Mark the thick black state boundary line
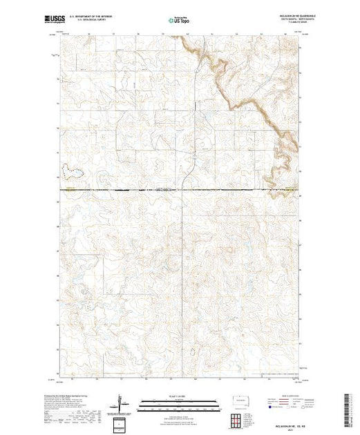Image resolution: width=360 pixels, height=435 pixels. coord(138,189)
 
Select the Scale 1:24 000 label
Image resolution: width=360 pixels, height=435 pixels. coord(178,396)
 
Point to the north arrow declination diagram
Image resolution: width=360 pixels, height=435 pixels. coord(123,403)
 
